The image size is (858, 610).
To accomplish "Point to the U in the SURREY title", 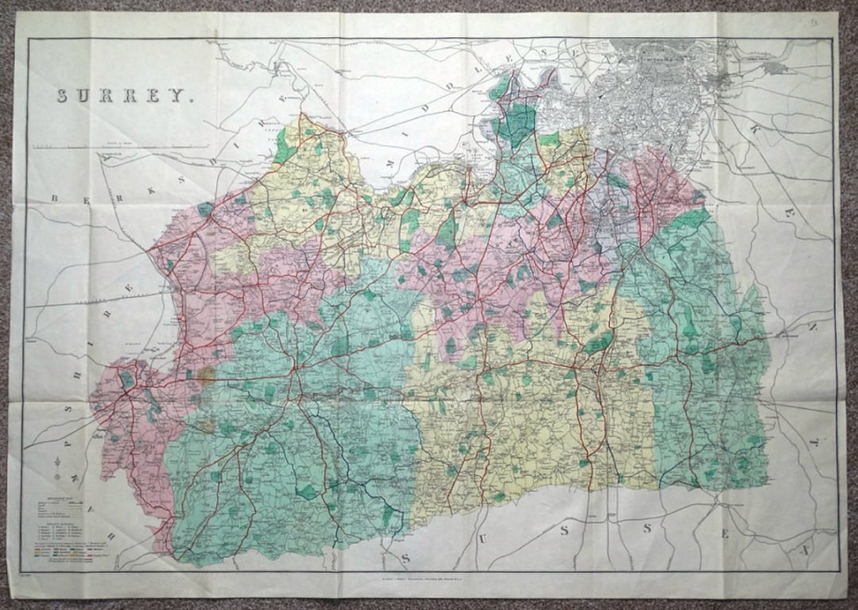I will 86,96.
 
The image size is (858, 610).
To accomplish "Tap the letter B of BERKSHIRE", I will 56,199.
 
